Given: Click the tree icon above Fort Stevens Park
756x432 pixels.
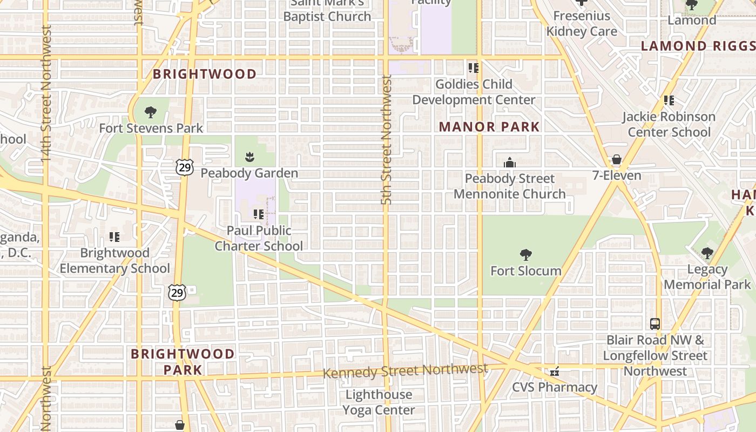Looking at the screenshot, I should pyautogui.click(x=151, y=112).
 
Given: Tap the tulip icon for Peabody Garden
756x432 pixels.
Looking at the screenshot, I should pyautogui.click(x=249, y=157).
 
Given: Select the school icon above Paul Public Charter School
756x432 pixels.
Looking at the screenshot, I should pyautogui.click(x=259, y=214).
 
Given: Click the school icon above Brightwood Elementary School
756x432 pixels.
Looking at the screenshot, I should pyautogui.click(x=114, y=237).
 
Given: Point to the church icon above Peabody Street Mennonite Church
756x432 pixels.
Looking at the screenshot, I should pyautogui.click(x=509, y=163).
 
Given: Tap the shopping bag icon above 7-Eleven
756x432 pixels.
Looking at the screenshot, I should pyautogui.click(x=616, y=160).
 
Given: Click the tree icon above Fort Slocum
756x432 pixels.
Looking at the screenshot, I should pyautogui.click(x=525, y=255).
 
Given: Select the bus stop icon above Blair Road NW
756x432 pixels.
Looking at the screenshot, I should pyautogui.click(x=655, y=324).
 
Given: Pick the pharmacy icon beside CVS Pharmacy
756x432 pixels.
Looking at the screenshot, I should pyautogui.click(x=554, y=372).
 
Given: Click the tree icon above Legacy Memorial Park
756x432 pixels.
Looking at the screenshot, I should pyautogui.click(x=707, y=253).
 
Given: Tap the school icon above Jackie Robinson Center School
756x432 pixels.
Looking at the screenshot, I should pyautogui.click(x=669, y=100).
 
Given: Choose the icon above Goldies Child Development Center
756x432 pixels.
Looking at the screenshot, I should pyautogui.click(x=474, y=68).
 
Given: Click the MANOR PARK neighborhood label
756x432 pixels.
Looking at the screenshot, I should pyautogui.click(x=489, y=127).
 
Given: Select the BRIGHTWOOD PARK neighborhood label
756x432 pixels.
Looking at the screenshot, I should pyautogui.click(x=183, y=362).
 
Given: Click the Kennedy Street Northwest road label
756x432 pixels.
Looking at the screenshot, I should pyautogui.click(x=405, y=371).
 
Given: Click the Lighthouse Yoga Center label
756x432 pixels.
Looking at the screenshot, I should pyautogui.click(x=379, y=402).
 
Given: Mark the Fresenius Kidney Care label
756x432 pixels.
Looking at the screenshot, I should pyautogui.click(x=582, y=24).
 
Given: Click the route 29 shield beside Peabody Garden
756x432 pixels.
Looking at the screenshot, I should pyautogui.click(x=185, y=167).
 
